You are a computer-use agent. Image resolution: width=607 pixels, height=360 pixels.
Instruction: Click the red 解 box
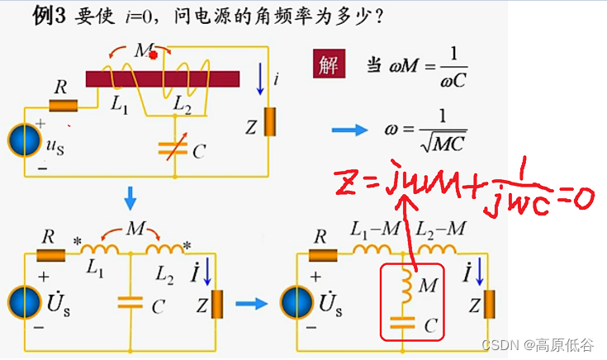(328, 65)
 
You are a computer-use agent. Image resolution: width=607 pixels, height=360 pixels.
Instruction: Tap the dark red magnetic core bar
(163, 78)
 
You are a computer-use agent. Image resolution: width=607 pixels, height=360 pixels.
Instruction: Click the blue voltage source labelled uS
(23, 140)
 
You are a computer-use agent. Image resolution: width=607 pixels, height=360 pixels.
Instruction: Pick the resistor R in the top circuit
(63, 107)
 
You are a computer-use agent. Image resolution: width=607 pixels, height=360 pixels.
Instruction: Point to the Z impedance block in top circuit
(268, 121)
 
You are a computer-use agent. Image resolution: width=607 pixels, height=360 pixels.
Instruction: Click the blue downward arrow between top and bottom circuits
(130, 199)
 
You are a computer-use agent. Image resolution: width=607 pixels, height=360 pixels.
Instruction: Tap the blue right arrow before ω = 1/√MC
(348, 129)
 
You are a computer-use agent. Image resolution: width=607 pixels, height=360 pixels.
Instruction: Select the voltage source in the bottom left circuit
(23, 303)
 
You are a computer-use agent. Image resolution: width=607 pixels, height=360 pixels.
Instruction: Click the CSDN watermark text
(500, 345)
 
